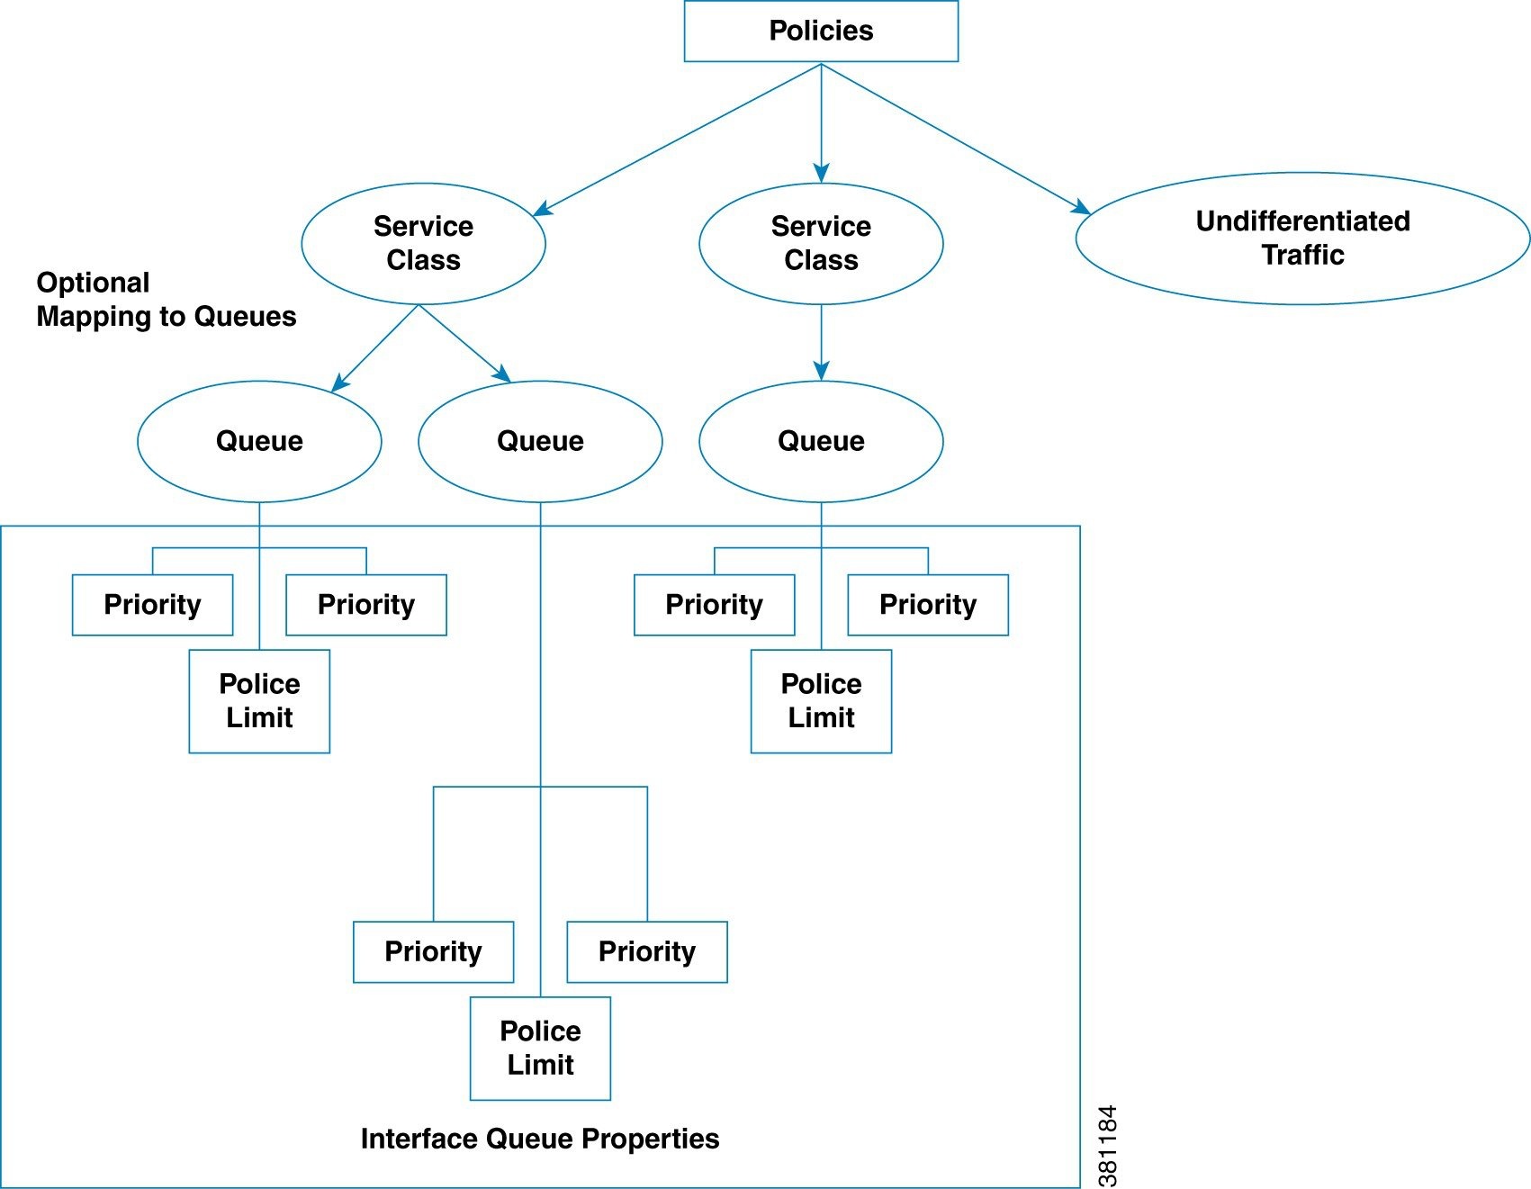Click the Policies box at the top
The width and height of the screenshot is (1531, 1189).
[821, 32]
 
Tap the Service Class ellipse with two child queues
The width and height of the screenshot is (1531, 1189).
[423, 243]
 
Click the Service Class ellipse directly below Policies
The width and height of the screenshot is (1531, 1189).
[821, 243]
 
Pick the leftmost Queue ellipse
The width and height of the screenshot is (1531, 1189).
[259, 441]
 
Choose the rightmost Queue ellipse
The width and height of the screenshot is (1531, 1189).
[821, 441]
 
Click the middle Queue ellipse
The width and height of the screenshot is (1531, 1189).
[540, 441]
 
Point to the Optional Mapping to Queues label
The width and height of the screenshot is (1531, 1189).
[166, 300]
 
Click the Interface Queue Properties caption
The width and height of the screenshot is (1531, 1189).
[540, 1139]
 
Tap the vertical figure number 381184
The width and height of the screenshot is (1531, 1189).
[1108, 1145]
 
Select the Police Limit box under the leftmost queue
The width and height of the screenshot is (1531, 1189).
[259, 701]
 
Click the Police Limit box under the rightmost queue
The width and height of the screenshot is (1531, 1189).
[821, 701]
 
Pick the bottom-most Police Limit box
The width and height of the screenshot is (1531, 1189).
[540, 1048]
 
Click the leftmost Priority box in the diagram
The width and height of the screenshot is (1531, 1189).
[152, 605]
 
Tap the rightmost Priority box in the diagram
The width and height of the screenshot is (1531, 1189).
[928, 605]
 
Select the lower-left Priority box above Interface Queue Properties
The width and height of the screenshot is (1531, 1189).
[433, 951]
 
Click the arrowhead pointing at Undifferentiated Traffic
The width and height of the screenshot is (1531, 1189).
[1082, 208]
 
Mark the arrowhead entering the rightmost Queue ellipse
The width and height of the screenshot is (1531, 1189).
[821, 371]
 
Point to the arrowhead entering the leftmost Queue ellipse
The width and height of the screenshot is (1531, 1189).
[339, 384]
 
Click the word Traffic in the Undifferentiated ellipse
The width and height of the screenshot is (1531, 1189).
[1301, 256]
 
